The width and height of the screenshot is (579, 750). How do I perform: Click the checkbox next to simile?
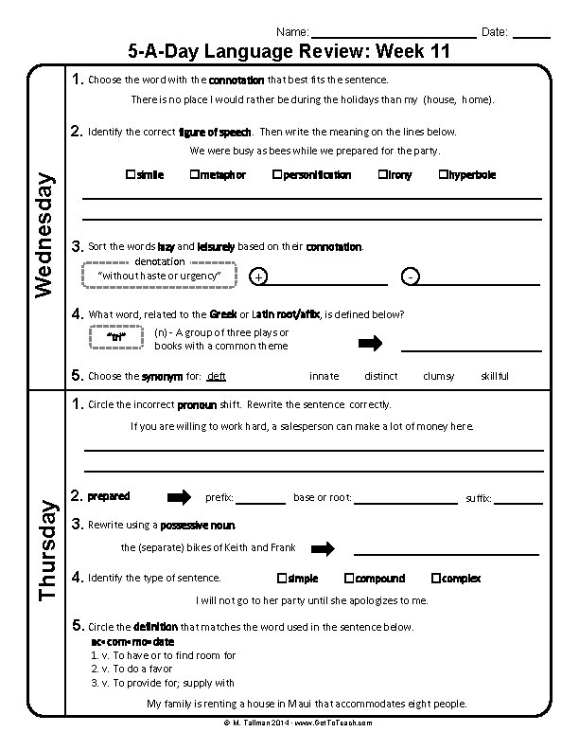pos(130,175)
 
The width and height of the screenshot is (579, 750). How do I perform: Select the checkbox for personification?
pos(276,175)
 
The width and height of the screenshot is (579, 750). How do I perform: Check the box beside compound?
pos(349,578)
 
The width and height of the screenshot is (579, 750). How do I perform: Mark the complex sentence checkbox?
pos(435,578)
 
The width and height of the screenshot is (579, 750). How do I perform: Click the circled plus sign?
pos(259,277)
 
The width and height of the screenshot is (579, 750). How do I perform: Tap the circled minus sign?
pos(409,277)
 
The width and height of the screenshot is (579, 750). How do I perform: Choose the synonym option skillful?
pos(494,376)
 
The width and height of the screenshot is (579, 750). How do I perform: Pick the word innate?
pos(324,376)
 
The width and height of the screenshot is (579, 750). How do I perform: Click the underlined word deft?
pos(217,376)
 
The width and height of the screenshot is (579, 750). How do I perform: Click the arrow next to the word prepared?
pos(179,497)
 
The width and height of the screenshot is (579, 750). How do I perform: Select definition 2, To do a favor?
pos(137,669)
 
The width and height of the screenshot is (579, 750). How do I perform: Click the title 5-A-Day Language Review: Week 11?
pos(289,52)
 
